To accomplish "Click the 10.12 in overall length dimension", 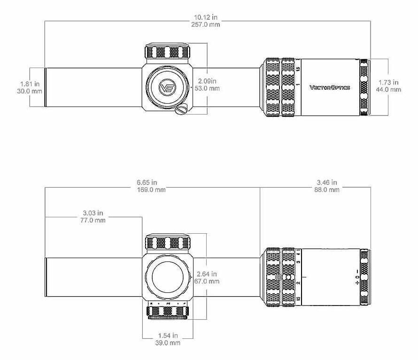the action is [206, 17].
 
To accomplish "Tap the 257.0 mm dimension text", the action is [206, 24].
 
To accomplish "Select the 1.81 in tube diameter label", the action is [30, 84].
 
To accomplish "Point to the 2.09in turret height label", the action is [207, 81].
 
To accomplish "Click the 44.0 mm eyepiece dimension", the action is [388, 90].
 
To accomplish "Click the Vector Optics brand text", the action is [330, 87].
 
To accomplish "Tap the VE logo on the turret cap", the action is [167, 87].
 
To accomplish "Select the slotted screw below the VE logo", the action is [181, 110].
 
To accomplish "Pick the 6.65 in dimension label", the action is [147, 183].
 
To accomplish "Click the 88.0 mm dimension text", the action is [327, 190].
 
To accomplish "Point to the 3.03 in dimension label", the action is [93, 213].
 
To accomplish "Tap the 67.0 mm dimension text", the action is [207, 281].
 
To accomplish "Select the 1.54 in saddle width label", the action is [168, 336].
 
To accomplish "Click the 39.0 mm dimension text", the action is [168, 343].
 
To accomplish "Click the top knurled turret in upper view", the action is [167, 51].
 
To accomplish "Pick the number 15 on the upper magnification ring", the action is [298, 69].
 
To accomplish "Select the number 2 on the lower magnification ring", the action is [299, 283].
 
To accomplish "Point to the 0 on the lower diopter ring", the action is [357, 277].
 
